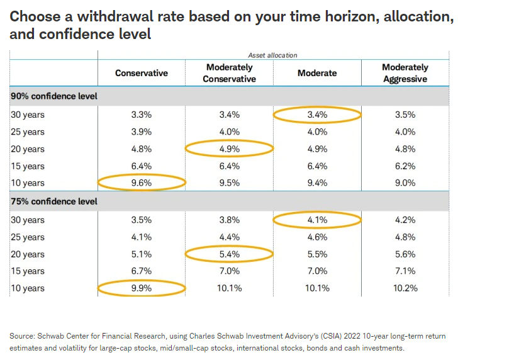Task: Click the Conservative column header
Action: (x=142, y=73)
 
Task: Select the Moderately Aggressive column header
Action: (x=405, y=73)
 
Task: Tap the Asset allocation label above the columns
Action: (x=273, y=55)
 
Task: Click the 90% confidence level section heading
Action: (x=49, y=96)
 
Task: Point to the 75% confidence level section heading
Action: (x=49, y=202)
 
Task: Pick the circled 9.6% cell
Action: (x=142, y=183)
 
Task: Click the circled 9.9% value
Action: (x=142, y=289)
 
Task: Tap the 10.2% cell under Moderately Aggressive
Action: (x=405, y=289)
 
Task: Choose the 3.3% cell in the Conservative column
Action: (x=142, y=115)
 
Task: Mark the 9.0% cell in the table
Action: (x=405, y=183)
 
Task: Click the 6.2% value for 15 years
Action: (x=405, y=166)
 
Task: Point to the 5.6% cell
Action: (x=405, y=254)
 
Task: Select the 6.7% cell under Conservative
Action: (x=142, y=271)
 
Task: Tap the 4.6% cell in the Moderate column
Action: (x=317, y=237)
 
